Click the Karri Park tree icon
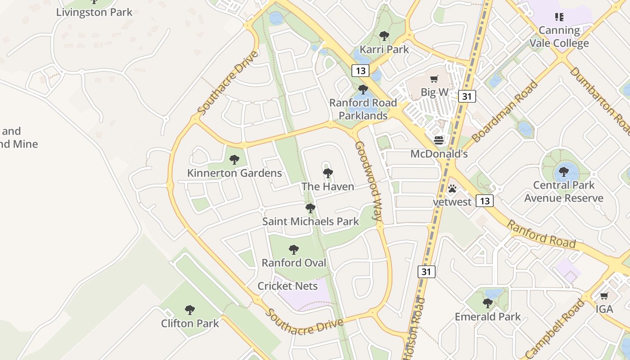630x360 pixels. click(384, 36)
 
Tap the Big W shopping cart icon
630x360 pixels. click(434, 79)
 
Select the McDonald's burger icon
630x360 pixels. click(439, 140)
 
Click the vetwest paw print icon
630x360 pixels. click(452, 189)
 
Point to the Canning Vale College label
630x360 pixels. click(559, 37)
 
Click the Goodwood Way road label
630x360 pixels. click(369, 180)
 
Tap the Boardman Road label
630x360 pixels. click(505, 111)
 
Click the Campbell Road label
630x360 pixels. click(557, 329)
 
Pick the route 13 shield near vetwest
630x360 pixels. click(484, 201)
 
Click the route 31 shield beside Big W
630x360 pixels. click(467, 96)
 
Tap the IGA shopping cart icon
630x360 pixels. click(604, 296)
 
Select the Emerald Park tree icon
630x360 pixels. click(487, 303)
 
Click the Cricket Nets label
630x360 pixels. click(288, 286)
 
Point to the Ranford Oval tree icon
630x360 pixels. click(294, 249)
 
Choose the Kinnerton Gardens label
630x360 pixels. click(234, 173)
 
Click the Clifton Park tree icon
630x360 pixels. click(190, 309)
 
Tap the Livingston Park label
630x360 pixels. click(94, 12)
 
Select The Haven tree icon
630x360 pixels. click(328, 172)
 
